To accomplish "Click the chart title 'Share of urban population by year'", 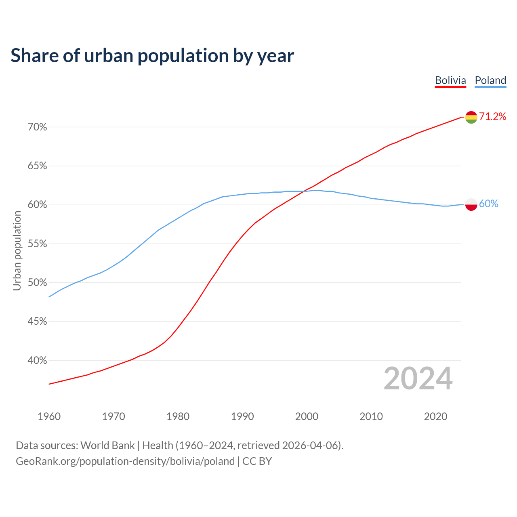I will [x=152, y=56].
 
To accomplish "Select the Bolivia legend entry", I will [x=450, y=80].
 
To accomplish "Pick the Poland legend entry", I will [x=490, y=80].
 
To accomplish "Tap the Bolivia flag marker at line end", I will [x=471, y=117].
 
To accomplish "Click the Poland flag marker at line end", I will [x=471, y=204].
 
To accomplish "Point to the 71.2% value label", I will [x=493, y=117].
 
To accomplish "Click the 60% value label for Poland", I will [x=489, y=204].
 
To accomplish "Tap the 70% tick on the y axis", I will [x=37, y=127].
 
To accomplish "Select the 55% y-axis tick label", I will [x=37, y=244].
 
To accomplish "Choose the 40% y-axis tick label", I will [x=37, y=360].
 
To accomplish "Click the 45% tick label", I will [x=37, y=322].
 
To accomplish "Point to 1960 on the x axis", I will [x=49, y=416].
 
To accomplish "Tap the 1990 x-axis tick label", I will [x=242, y=416].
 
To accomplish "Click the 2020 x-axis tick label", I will [x=435, y=416].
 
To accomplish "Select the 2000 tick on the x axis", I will [x=307, y=416].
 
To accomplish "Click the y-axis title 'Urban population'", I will [x=17, y=250].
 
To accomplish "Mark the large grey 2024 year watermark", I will [x=418, y=378].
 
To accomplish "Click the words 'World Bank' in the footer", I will [x=107, y=446].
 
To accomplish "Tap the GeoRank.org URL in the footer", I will [x=125, y=461].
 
